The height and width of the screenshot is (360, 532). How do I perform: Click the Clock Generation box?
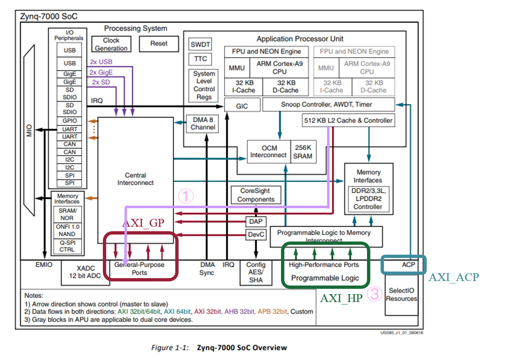point(111,44)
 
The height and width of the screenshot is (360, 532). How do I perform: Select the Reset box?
point(159,44)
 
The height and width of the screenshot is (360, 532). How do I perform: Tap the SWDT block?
point(200,44)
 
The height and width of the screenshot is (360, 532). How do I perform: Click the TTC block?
point(200,59)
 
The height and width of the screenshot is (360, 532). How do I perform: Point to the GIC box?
point(242,106)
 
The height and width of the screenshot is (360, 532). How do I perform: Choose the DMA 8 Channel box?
point(203,123)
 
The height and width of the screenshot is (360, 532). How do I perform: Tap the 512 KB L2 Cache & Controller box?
point(348,121)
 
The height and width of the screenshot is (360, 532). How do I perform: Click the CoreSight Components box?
point(256,195)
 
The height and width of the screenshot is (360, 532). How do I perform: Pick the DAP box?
point(256,222)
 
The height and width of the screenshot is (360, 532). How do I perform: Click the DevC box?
point(256,235)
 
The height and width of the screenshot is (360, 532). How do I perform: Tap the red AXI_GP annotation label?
point(143,223)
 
